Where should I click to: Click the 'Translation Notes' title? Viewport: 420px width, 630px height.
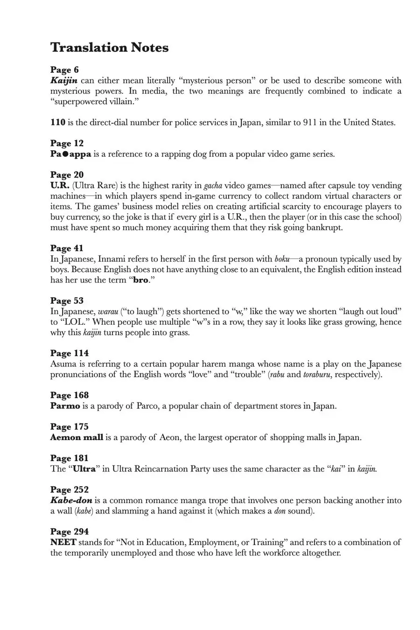[x=109, y=48]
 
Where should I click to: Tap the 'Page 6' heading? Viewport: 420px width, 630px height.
[x=64, y=70]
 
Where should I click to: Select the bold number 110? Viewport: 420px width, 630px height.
[x=58, y=123]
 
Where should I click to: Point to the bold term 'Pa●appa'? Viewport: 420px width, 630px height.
[x=70, y=154]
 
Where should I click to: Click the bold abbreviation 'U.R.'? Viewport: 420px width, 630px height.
[x=60, y=186]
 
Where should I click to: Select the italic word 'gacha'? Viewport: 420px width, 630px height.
[x=213, y=186]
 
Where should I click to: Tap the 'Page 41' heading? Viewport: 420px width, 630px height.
[x=67, y=248]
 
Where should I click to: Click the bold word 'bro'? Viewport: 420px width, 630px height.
[x=140, y=280]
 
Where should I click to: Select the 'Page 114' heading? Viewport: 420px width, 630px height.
[x=69, y=353]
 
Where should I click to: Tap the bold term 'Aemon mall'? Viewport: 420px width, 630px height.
[x=77, y=438]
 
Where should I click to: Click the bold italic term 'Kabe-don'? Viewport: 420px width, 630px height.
[x=71, y=500]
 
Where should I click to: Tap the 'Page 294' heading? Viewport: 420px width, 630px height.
[x=69, y=532]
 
